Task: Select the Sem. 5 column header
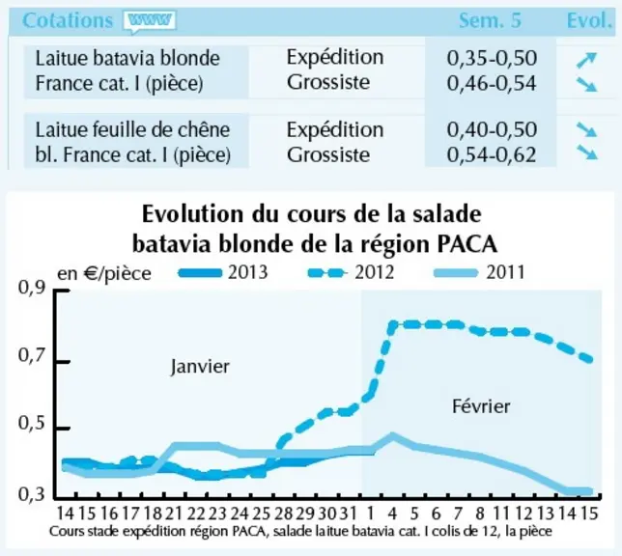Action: click(491, 20)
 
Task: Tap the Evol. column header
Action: click(589, 20)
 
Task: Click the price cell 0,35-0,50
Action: click(492, 58)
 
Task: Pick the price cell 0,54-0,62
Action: click(492, 154)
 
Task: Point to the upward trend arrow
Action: click(586, 60)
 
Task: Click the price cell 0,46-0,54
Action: click(492, 83)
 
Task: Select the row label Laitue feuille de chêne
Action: click(132, 129)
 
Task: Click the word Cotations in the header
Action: click(68, 20)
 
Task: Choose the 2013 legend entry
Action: click(223, 272)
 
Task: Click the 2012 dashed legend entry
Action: click(352, 272)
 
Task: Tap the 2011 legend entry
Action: click(480, 272)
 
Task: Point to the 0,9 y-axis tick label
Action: click(32, 289)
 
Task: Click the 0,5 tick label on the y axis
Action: click(32, 424)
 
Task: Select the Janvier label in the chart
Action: click(200, 366)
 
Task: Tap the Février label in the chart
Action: click(481, 406)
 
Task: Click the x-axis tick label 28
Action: click(283, 514)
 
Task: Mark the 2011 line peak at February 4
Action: click(392, 436)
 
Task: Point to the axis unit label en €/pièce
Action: click(104, 273)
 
